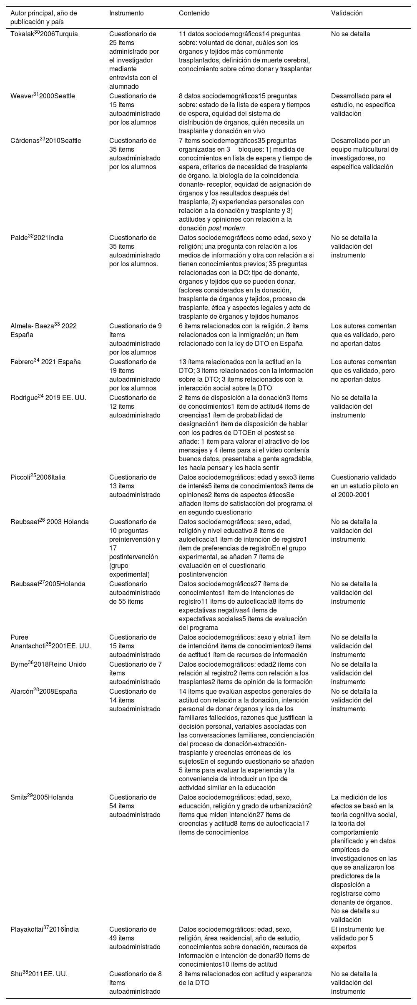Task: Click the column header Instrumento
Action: click(x=126, y=13)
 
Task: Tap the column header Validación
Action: click(x=347, y=13)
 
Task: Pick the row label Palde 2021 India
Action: click(x=36, y=238)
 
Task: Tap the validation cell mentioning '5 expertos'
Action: click(x=357, y=938)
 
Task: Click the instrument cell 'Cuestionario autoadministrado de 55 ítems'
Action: click(x=135, y=592)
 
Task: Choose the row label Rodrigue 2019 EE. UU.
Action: click(x=48, y=398)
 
